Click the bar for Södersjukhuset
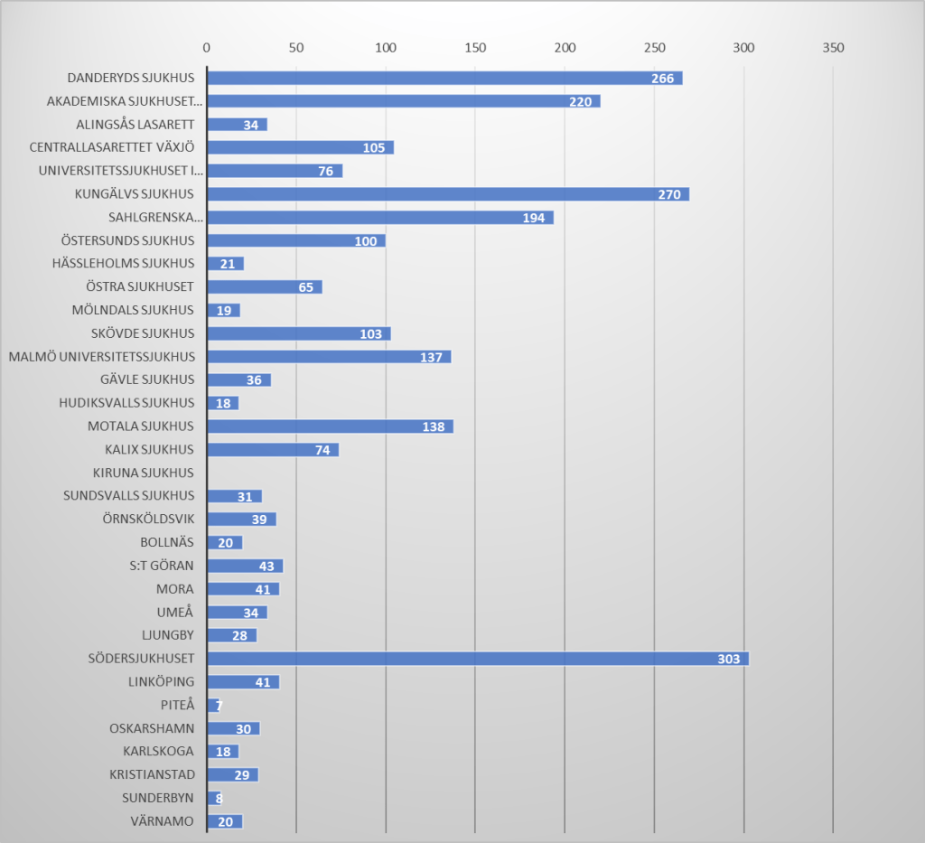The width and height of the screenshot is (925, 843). (478, 659)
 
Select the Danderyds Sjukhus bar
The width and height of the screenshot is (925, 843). (444, 79)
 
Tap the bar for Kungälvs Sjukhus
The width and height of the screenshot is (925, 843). (448, 194)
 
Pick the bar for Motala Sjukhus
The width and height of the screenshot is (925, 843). (330, 426)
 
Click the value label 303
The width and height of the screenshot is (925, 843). (729, 659)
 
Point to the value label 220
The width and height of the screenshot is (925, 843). (580, 102)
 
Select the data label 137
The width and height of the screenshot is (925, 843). (431, 357)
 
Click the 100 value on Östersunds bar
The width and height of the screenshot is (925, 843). (366, 241)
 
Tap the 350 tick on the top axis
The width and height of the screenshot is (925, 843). (832, 47)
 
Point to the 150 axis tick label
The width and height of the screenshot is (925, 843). (474, 47)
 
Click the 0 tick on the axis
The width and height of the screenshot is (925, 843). (207, 47)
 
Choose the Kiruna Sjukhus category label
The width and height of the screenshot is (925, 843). (143, 473)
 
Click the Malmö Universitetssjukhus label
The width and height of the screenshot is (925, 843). (101, 357)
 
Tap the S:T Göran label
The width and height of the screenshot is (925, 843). (162, 566)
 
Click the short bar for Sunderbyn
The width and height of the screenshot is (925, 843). (214, 798)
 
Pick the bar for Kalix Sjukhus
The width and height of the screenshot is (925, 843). (272, 450)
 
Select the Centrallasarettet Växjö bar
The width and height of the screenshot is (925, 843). (300, 148)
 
